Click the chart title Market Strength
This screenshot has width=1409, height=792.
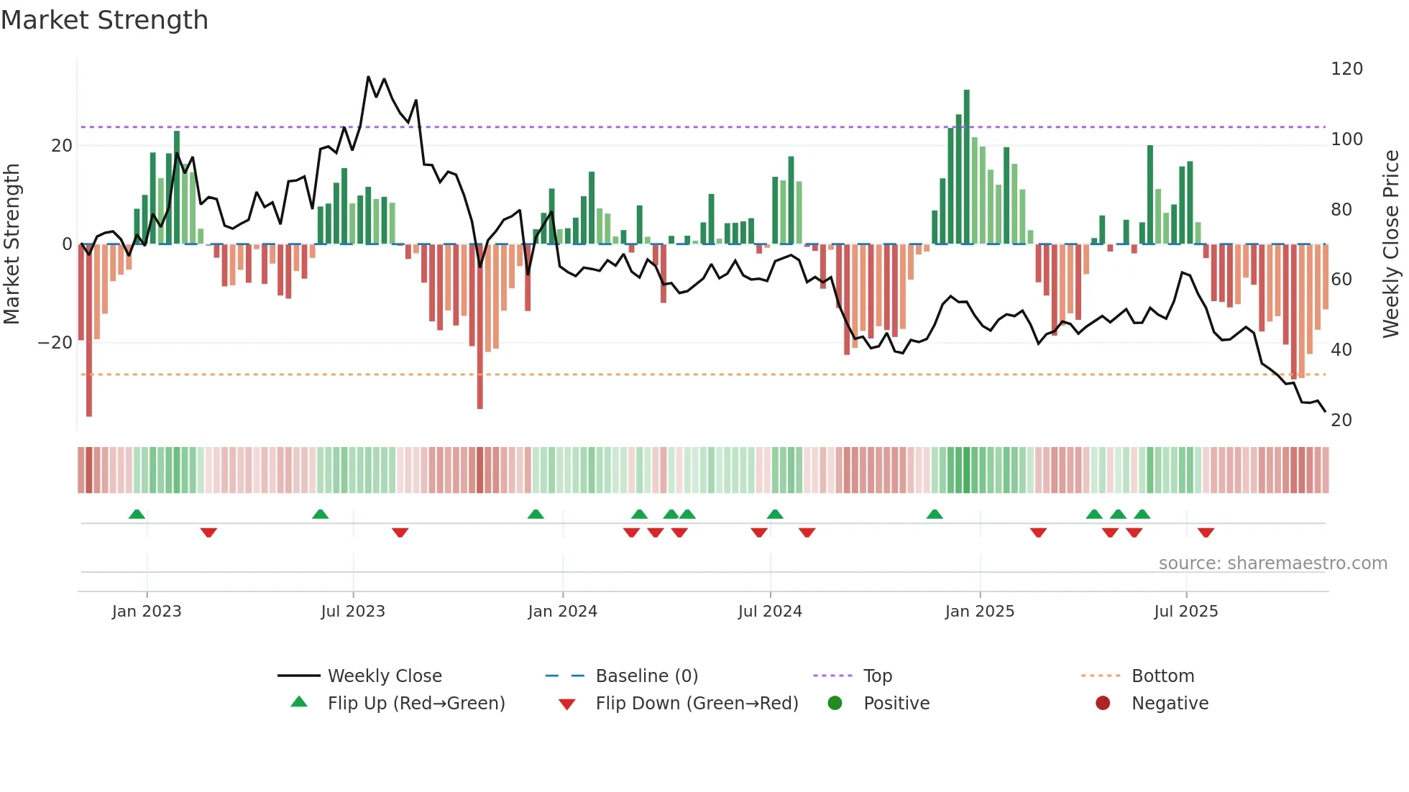(104, 20)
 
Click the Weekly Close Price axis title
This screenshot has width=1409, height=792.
(1391, 244)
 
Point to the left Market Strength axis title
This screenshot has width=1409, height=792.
(12, 244)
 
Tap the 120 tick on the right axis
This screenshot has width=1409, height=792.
(1346, 69)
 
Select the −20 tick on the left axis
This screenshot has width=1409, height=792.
(55, 343)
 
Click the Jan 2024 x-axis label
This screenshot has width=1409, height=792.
(562, 612)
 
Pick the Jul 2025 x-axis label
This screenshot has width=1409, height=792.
(1185, 612)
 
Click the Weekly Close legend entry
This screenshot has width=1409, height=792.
(384, 676)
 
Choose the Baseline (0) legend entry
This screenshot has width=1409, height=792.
(646, 676)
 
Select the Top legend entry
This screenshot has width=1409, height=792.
(877, 676)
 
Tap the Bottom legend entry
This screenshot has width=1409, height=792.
(1162, 676)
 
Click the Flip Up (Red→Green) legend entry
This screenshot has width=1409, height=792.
(416, 704)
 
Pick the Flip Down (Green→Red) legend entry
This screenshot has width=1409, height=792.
(696, 704)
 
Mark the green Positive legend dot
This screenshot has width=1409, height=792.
(835, 704)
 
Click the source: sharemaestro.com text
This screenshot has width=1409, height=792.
(1272, 563)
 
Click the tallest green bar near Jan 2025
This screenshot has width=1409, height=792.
(966, 165)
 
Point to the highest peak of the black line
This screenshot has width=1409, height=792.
(369, 77)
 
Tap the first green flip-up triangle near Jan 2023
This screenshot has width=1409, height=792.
(137, 514)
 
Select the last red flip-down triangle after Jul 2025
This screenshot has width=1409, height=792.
(1206, 533)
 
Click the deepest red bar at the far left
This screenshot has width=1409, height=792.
(89, 331)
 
